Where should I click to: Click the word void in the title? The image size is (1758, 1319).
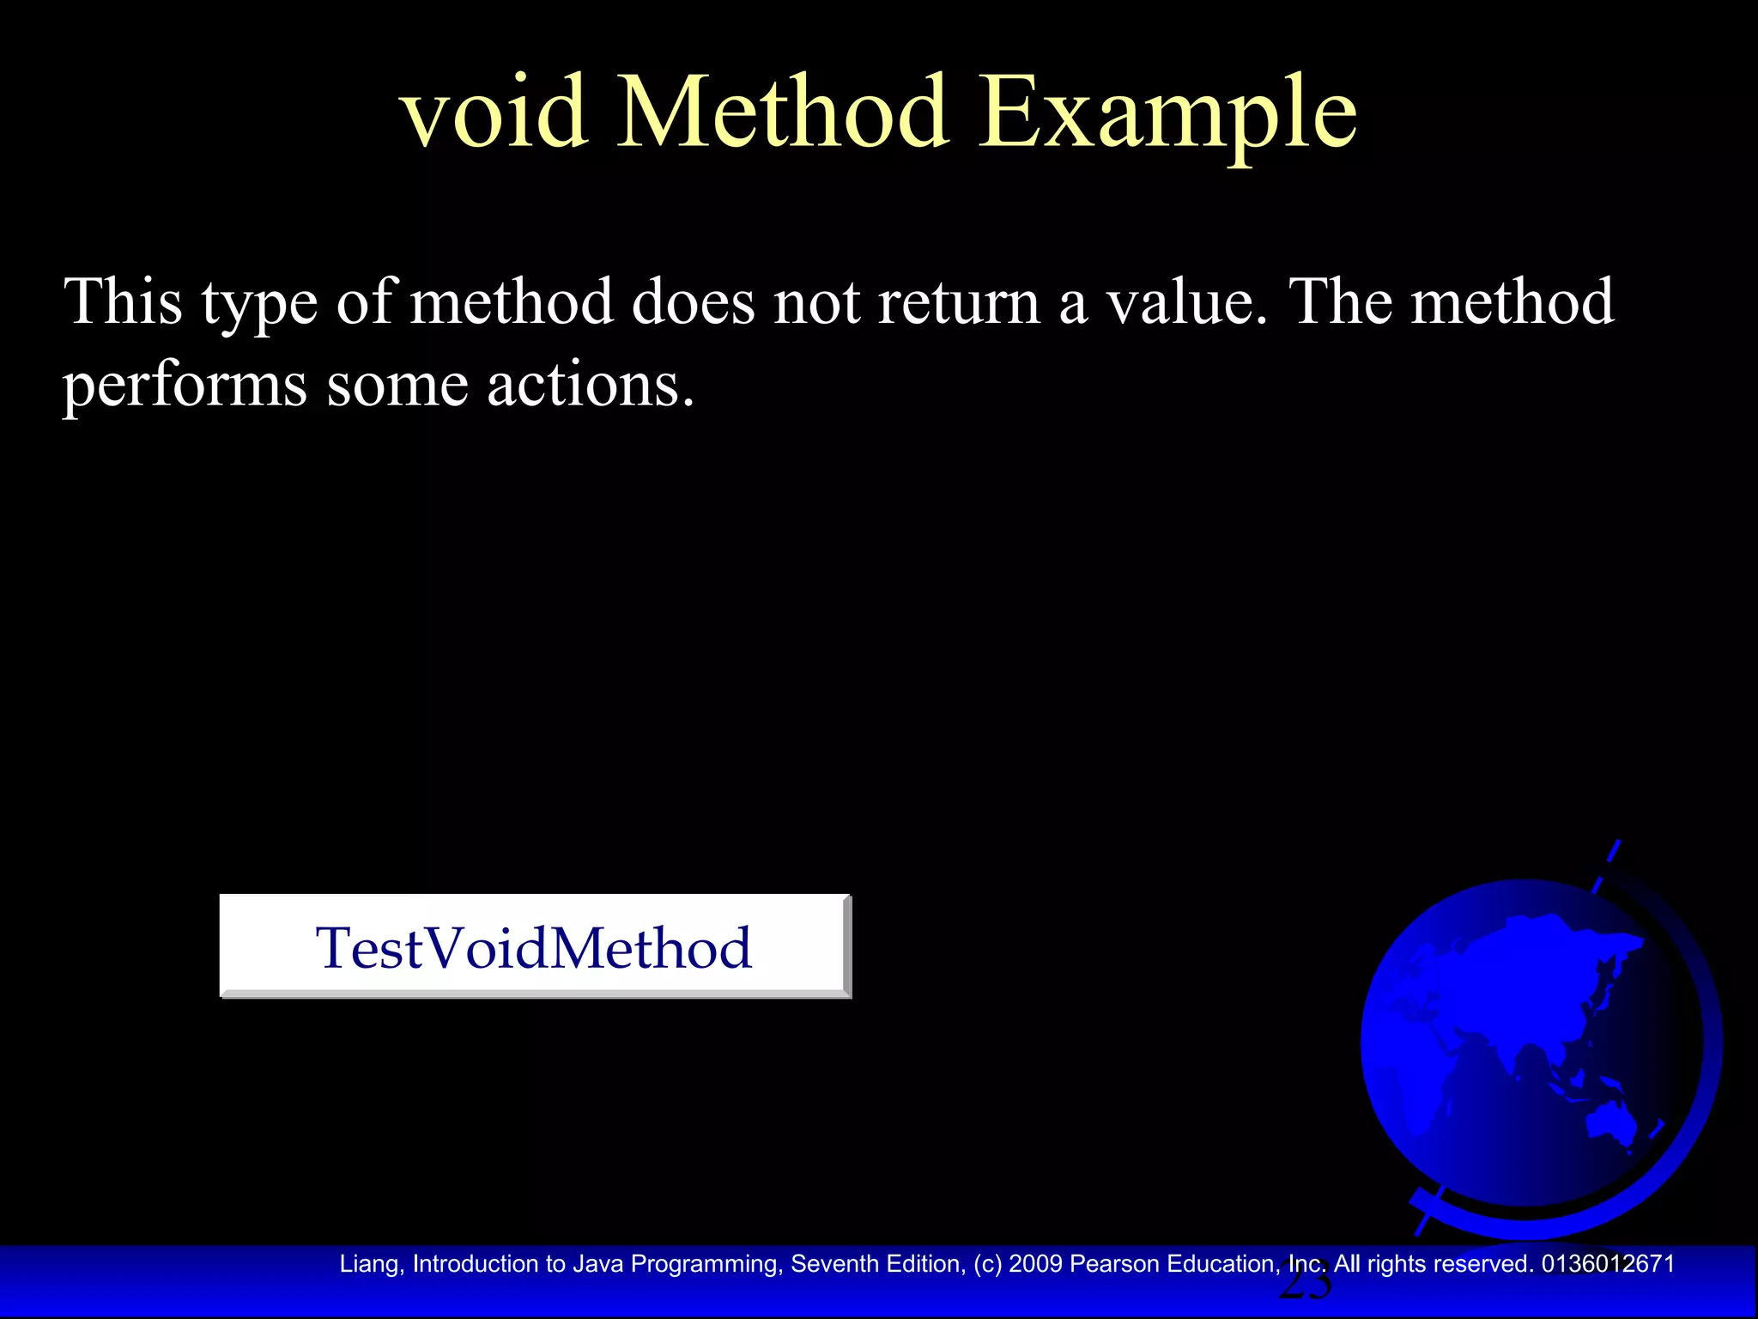(x=494, y=113)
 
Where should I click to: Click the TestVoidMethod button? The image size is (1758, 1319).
(x=534, y=946)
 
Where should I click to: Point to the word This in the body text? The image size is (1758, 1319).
(x=124, y=302)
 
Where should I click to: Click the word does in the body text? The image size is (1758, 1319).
(x=693, y=302)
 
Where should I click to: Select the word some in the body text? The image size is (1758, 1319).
(x=397, y=385)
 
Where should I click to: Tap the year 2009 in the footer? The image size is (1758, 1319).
(x=1035, y=1264)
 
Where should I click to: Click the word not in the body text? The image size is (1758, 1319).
(x=816, y=302)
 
